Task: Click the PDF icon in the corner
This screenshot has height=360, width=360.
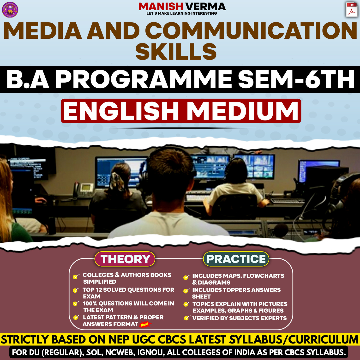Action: click(351, 9)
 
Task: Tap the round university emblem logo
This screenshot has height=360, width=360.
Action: click(10, 9)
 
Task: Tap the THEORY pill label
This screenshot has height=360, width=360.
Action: click(125, 259)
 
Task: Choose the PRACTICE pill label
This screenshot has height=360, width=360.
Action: click(236, 259)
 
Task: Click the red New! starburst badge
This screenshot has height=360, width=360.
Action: click(145, 324)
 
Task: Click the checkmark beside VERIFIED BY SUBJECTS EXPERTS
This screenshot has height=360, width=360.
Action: click(187, 318)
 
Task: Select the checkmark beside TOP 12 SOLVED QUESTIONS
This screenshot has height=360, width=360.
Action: click(76, 290)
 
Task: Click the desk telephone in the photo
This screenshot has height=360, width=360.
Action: click(81, 190)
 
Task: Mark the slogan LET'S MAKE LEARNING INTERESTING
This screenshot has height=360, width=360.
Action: click(182, 13)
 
